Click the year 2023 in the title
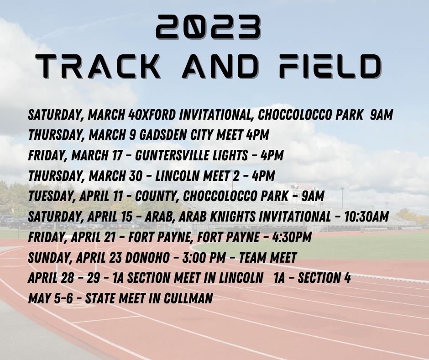point(208,26)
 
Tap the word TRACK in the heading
point(98,66)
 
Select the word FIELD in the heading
point(330,66)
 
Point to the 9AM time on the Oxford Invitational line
point(382,115)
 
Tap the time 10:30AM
point(366,217)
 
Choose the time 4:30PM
point(292,237)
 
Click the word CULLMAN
point(188,298)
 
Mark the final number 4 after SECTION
point(347,278)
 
